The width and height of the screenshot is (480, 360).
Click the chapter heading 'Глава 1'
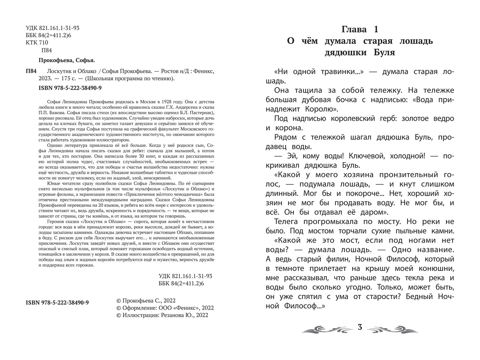click(360, 29)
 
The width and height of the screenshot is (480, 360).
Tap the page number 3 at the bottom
click(360, 327)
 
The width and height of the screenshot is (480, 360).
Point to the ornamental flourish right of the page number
click(393, 328)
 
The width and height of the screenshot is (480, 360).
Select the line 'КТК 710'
click(37, 43)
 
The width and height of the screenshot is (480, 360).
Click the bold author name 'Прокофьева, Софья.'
click(64, 60)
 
